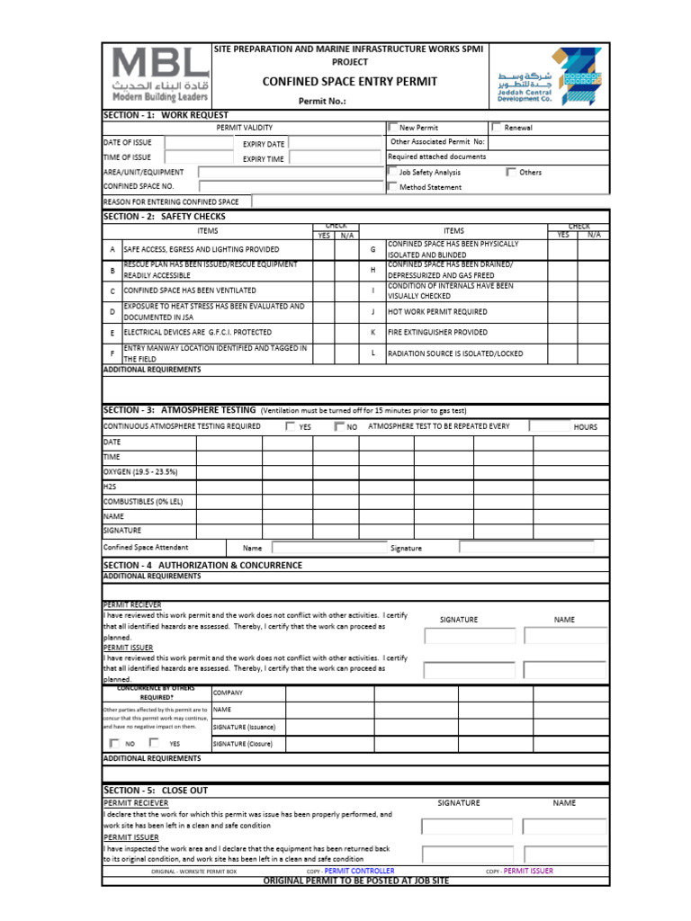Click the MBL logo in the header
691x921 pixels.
(x=158, y=75)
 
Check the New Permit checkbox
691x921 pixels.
(x=392, y=128)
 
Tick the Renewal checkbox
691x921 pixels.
(x=497, y=128)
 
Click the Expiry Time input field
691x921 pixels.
(x=335, y=158)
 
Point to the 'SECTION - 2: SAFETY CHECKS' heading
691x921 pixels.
(x=165, y=217)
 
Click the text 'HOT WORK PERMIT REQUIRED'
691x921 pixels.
(x=437, y=312)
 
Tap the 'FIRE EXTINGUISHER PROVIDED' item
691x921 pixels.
(x=438, y=333)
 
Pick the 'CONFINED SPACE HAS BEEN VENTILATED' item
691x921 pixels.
(x=190, y=291)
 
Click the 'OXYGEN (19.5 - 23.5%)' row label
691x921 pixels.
(x=140, y=471)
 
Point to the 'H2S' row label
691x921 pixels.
(x=111, y=487)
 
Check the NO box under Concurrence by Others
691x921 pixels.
(x=114, y=743)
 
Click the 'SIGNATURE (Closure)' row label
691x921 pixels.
(x=244, y=744)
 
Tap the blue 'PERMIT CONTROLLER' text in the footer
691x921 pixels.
(x=359, y=871)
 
